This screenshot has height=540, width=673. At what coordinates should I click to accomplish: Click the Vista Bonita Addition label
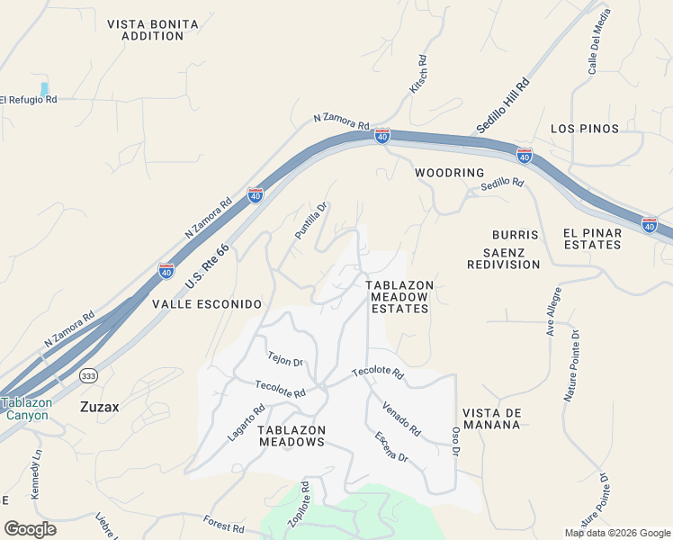146,30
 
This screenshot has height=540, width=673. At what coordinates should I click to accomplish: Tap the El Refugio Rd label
28,100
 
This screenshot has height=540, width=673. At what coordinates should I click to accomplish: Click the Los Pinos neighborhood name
585,129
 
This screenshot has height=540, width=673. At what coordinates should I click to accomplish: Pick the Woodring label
450,172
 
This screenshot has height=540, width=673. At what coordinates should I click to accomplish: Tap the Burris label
516,235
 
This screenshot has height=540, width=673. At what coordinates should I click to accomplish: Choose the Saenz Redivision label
504,258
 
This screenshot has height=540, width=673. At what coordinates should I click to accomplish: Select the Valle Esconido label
207,304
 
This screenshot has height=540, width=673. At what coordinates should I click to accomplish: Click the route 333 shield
88,375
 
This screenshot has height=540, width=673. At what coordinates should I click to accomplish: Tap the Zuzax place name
100,407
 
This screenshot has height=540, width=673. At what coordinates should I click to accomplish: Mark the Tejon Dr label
285,360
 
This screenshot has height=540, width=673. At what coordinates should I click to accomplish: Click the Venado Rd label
401,419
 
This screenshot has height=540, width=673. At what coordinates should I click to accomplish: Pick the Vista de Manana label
492,418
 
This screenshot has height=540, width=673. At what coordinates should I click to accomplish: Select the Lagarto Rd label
245,423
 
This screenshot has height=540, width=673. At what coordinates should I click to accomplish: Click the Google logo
30,529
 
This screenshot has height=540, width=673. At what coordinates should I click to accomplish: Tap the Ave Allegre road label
553,311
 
